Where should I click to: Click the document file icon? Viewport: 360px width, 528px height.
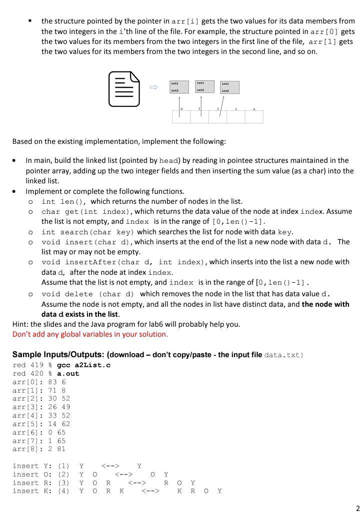(124, 89)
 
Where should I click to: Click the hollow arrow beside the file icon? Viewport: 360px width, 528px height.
(154, 87)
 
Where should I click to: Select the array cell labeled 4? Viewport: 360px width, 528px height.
(254, 116)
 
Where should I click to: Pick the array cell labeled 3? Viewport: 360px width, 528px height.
(235, 116)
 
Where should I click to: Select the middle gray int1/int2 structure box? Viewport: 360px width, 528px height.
(204, 86)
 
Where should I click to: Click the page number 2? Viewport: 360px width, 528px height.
(357, 509)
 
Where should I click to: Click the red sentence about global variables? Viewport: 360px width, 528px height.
(90, 334)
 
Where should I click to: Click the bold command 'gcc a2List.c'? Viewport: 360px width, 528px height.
(84, 365)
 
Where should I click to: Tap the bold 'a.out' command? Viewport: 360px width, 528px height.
(68, 374)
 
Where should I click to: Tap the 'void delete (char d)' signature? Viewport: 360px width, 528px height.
(88, 294)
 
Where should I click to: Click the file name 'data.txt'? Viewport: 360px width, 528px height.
(282, 355)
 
